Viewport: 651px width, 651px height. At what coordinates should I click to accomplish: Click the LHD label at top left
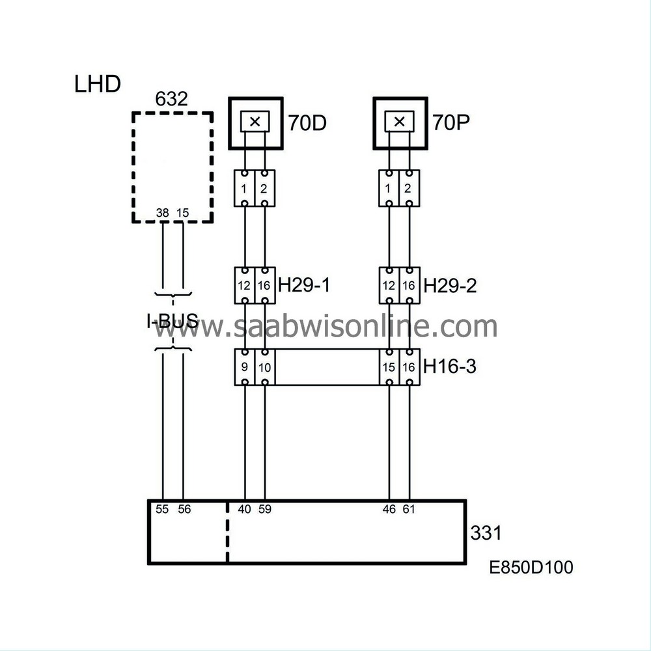[x=98, y=84]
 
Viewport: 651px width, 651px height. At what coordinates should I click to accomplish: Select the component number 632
[x=171, y=99]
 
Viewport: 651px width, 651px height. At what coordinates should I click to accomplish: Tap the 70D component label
[x=308, y=123]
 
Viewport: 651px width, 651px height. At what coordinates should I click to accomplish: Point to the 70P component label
[x=451, y=122]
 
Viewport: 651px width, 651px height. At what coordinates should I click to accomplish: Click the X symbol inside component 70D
[x=255, y=122]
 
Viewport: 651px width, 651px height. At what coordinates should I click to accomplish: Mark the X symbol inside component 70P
[x=400, y=122]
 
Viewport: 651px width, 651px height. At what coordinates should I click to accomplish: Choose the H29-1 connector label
[x=304, y=285]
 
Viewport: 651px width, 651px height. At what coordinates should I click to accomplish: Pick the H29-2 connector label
[x=450, y=286]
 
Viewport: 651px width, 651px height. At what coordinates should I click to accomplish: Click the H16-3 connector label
[x=450, y=367]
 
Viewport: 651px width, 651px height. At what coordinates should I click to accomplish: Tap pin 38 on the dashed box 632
[x=162, y=213]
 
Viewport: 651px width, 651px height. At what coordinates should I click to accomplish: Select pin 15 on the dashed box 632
[x=183, y=213]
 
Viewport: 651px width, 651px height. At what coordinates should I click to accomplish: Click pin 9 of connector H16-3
[x=245, y=367]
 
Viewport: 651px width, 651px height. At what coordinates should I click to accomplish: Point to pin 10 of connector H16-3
[x=264, y=367]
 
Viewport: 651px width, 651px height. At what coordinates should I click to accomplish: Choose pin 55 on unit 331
[x=162, y=509]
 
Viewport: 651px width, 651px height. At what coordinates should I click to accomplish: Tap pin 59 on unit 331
[x=265, y=509]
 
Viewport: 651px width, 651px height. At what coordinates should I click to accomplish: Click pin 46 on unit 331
[x=389, y=509]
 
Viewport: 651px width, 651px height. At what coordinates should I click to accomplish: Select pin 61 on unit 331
[x=409, y=509]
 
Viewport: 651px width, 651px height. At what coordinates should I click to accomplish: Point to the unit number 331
[x=486, y=533]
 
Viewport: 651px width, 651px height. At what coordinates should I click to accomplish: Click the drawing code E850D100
[x=531, y=567]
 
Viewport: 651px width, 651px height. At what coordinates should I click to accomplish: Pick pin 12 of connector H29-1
[x=244, y=286]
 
